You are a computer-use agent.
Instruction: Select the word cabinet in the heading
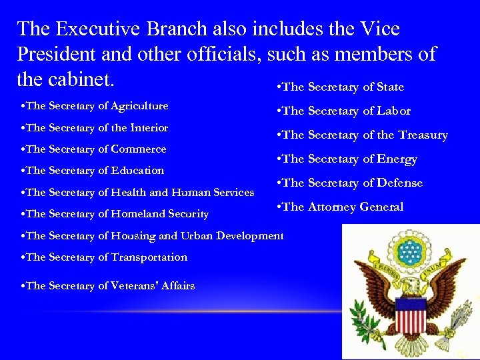tap(80, 79)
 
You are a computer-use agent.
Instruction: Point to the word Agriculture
tap(139, 106)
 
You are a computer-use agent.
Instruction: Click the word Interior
tap(149, 127)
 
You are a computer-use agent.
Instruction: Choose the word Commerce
tap(139, 149)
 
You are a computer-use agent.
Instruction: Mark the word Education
tap(137, 170)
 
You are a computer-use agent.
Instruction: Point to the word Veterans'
tap(134, 285)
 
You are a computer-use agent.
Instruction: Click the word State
tap(390, 87)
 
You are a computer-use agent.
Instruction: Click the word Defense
tap(400, 183)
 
